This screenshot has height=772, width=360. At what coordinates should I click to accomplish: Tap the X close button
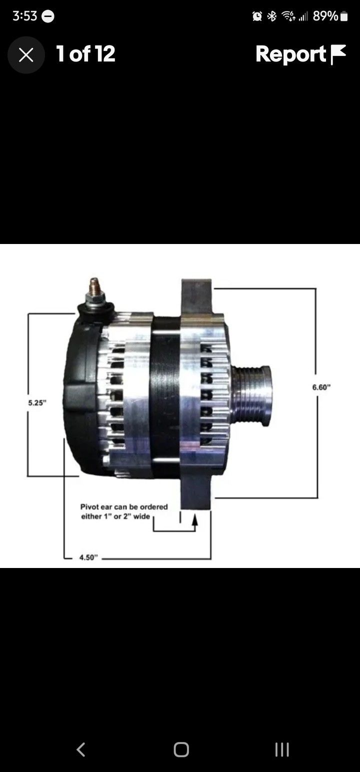pos(26,55)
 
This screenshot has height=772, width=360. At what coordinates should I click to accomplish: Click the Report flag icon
pos(338,54)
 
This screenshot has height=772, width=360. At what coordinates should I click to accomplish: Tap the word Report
pos(290,54)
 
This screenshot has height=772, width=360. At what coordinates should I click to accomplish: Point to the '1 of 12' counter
pos(85,54)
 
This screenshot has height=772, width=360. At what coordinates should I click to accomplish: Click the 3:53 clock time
pos(24,16)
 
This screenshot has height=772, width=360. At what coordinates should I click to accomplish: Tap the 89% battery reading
pos(325,16)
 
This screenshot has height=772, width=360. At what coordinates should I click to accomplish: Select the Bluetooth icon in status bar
pos(272,16)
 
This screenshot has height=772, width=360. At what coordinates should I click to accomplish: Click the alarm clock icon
pos(257,16)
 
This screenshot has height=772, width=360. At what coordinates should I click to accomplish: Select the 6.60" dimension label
pos(322,387)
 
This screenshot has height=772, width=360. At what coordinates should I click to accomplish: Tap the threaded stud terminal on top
pos(93,290)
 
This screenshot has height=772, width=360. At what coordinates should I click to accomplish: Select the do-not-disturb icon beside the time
pos(48,16)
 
